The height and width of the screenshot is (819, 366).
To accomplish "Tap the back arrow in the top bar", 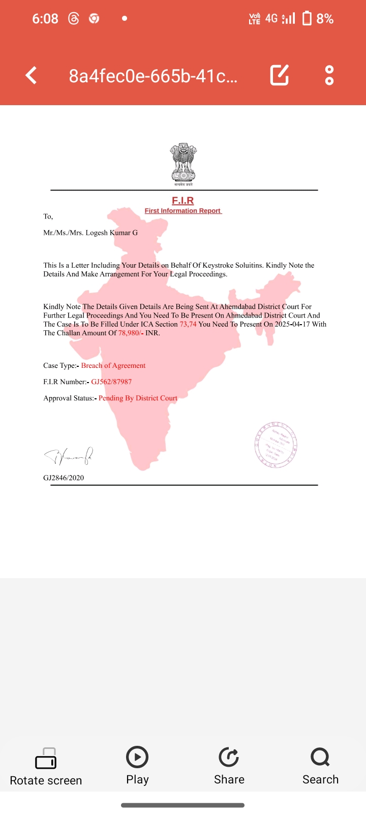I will pos(32,76).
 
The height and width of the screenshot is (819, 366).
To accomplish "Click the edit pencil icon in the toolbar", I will pos(280,75).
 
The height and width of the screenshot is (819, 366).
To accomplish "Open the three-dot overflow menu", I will pos(329,75).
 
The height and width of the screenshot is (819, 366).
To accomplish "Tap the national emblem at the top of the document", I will pos(183,163).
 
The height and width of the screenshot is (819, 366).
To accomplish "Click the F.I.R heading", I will pos(183,200).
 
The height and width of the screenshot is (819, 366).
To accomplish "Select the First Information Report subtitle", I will pos(182,211).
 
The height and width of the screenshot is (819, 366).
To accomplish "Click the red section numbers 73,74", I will pos(188,324).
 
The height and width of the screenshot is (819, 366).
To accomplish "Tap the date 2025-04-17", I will pos(292,324).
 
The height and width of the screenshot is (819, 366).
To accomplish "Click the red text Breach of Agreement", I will pos(113,365).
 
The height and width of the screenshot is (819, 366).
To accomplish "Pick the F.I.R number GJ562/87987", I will pos(111,382).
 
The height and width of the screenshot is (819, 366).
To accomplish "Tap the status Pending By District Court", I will pos(138,398).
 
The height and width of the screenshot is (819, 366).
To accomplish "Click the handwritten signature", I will pos(69,456).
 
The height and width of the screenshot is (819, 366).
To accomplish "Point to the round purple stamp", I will pos(276,445).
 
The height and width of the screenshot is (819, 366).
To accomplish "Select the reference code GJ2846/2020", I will pos(64,478).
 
